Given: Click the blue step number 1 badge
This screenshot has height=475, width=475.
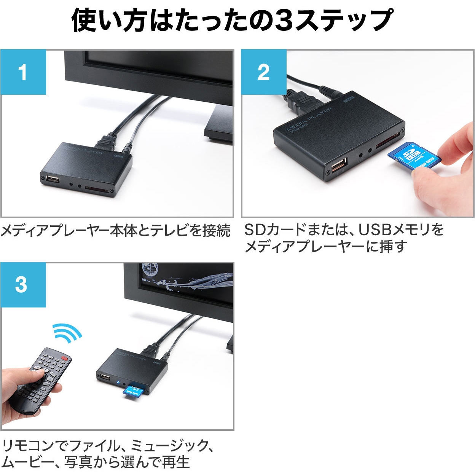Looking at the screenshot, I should click(x=23, y=72).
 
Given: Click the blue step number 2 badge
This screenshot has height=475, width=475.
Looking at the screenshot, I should click(x=264, y=72).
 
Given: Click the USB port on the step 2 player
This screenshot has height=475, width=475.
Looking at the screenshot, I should click(x=338, y=166).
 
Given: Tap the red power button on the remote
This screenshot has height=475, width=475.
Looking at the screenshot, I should click(x=65, y=358).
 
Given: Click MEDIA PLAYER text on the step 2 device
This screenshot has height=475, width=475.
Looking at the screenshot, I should click(x=309, y=119).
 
